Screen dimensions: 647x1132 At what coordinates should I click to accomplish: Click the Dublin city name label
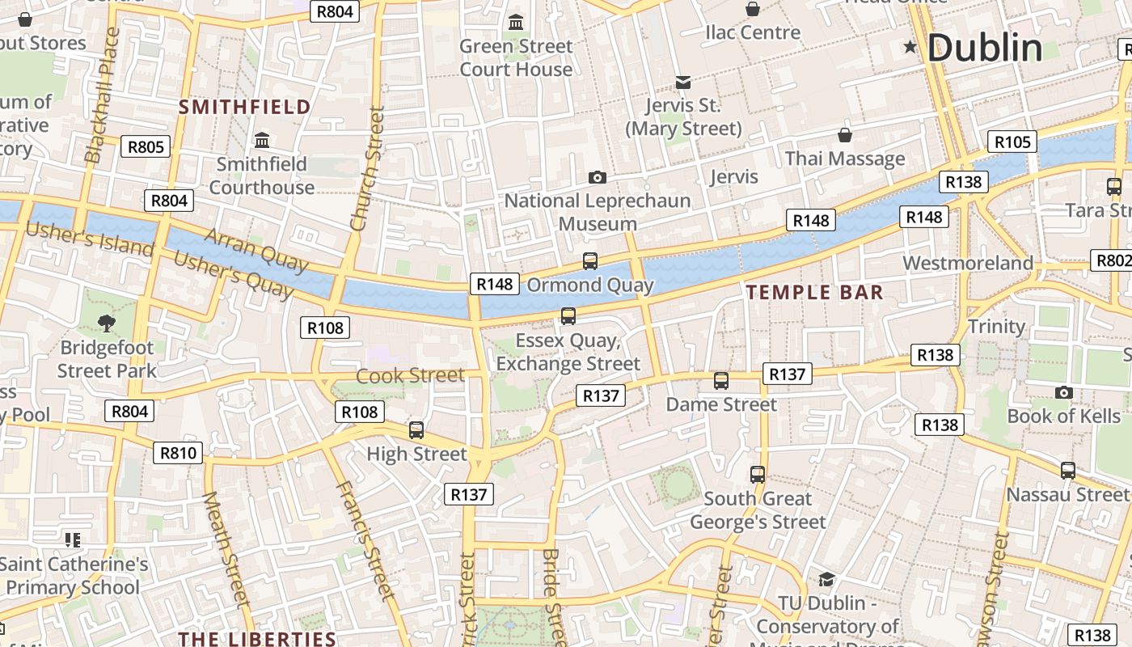[984, 49]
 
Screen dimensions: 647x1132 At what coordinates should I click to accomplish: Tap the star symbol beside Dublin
[910, 48]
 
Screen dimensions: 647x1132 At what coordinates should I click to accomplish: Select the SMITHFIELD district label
[244, 107]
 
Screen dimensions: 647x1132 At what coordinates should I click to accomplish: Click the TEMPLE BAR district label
[814, 293]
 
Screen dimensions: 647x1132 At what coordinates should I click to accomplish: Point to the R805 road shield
[146, 147]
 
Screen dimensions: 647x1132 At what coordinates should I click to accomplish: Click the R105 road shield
[1012, 142]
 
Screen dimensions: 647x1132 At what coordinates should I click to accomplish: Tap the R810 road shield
[177, 453]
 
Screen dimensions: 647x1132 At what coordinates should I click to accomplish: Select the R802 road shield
[1113, 260]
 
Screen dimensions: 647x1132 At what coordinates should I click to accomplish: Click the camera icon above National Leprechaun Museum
[598, 177]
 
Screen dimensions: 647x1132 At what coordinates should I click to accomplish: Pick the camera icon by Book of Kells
[1063, 393]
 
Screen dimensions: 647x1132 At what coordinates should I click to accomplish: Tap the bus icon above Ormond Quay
[590, 261]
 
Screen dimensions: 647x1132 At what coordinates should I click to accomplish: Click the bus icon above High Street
[416, 430]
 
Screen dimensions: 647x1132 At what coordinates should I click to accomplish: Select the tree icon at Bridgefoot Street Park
[106, 324]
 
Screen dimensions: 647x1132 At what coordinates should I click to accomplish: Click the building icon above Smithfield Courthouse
[262, 141]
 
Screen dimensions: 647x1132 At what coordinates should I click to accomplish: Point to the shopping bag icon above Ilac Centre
[753, 9]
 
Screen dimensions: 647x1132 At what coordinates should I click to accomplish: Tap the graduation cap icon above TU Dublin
[826, 580]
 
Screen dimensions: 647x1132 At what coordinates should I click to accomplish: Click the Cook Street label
[410, 375]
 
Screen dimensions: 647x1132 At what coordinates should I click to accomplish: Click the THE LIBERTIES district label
[257, 639]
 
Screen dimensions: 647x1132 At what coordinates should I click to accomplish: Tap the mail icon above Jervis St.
[683, 82]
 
